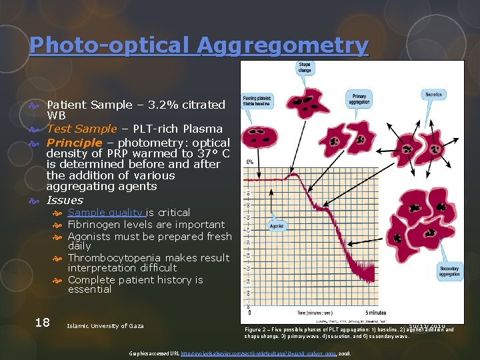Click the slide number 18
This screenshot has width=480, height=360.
42,323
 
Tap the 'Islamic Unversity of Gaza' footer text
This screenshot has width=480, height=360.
105,325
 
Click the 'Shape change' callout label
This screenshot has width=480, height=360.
305,67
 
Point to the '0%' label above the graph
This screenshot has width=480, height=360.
250,162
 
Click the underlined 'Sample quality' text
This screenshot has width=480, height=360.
106,213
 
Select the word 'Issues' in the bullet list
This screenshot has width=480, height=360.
65,200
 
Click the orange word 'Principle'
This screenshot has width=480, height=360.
73,143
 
